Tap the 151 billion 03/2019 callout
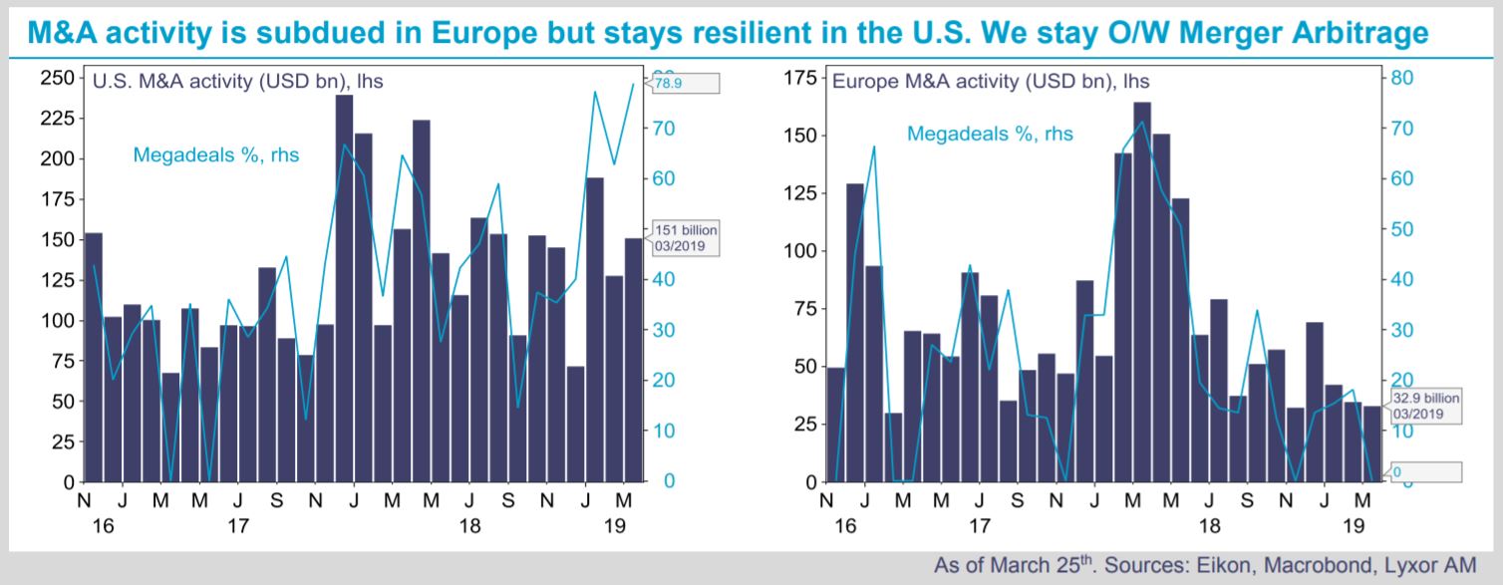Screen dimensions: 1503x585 point(684,237)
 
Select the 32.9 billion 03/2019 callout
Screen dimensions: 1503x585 point(1424,406)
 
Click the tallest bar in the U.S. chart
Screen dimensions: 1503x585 point(344,288)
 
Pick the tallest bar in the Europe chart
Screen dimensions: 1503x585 point(1142,292)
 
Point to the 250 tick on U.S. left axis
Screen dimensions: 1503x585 point(57,78)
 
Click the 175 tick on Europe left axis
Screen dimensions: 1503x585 point(799,78)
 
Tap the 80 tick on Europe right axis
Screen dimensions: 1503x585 point(1401,78)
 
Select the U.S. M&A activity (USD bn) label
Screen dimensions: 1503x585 point(237,81)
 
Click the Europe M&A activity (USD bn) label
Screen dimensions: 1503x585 point(991,81)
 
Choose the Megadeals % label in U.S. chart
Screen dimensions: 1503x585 point(216,155)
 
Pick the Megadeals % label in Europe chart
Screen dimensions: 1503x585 point(990,134)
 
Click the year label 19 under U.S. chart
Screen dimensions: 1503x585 point(615,526)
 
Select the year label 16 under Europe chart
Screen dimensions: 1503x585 point(845,526)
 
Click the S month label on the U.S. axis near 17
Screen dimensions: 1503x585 point(276,500)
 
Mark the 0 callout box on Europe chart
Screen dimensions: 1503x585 point(1424,471)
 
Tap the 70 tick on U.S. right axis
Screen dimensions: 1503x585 point(664,129)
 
